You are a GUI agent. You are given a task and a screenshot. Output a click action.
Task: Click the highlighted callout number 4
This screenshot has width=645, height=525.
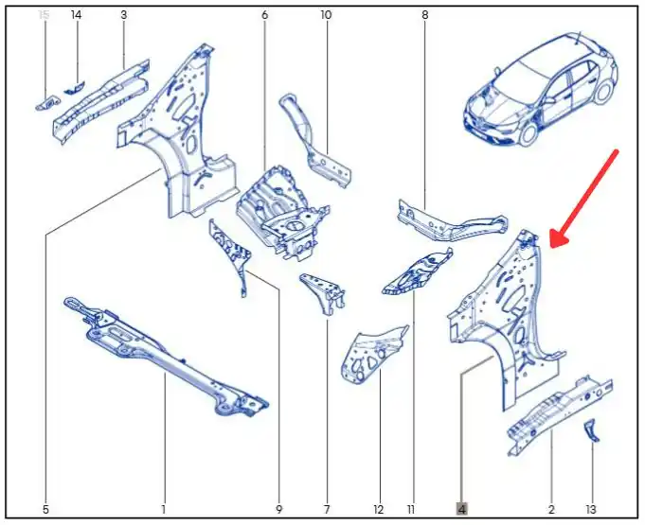point(462,509)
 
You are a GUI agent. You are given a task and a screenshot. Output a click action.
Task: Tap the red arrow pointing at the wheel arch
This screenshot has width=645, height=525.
point(584,200)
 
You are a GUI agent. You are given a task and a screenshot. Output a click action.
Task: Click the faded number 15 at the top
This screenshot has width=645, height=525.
point(44,15)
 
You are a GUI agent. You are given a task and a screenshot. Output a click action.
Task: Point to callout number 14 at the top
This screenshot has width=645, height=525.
point(76,15)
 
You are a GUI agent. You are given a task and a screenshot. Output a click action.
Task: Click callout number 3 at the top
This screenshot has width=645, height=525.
point(123,15)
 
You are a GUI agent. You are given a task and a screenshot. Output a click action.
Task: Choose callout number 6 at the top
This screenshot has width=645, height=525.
point(264,15)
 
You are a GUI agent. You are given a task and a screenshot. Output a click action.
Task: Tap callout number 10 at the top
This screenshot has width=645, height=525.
point(326,15)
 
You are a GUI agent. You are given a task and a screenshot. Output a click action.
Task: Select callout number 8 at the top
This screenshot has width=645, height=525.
point(425,15)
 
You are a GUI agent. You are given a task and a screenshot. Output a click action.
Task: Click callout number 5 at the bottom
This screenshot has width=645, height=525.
point(45,510)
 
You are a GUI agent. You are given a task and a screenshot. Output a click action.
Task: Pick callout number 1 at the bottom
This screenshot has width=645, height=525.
point(164,510)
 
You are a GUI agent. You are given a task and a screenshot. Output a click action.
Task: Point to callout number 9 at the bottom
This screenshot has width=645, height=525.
point(278,510)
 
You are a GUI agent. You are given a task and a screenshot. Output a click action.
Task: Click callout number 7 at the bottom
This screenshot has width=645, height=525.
point(327,510)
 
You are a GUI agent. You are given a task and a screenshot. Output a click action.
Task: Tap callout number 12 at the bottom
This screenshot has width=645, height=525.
point(379,510)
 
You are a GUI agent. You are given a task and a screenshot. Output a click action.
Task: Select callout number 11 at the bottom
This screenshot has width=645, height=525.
point(410,510)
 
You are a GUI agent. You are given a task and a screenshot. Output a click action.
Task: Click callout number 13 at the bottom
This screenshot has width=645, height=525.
point(591,510)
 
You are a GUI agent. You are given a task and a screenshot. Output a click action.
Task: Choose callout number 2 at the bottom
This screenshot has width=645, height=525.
point(551,510)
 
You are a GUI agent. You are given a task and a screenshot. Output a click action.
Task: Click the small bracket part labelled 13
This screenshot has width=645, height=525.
point(591,431)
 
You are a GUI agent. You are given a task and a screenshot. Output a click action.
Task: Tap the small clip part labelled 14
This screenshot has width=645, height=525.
point(74,87)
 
